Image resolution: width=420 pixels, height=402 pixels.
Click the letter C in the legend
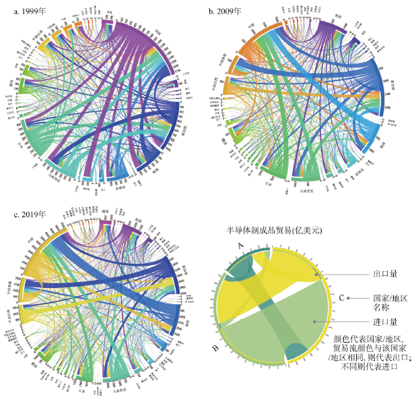(343, 297)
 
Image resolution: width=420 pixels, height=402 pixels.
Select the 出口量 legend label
(385, 275)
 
